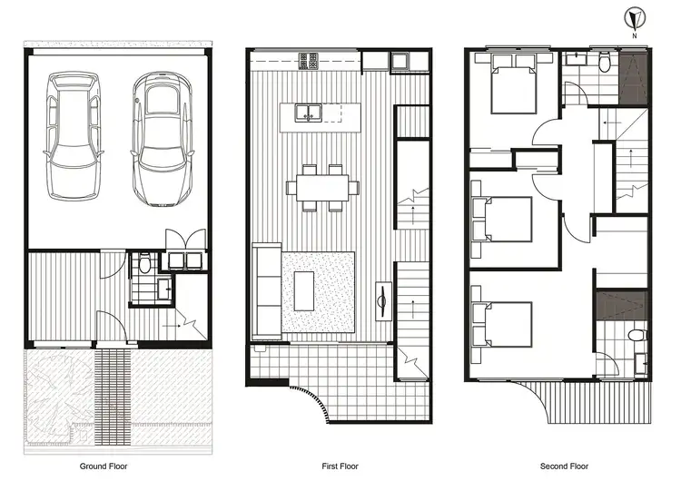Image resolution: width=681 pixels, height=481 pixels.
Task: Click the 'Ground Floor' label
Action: point(104,466)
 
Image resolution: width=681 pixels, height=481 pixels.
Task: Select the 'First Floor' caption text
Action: point(340,466)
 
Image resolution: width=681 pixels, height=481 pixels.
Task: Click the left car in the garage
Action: point(74,136)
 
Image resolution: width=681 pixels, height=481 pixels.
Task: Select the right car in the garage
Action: point(161,139)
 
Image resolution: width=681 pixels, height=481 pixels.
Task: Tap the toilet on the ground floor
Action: point(144,265)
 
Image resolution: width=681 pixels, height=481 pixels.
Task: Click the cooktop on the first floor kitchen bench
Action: point(308,61)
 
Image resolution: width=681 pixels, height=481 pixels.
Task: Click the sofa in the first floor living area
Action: point(267,289)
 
